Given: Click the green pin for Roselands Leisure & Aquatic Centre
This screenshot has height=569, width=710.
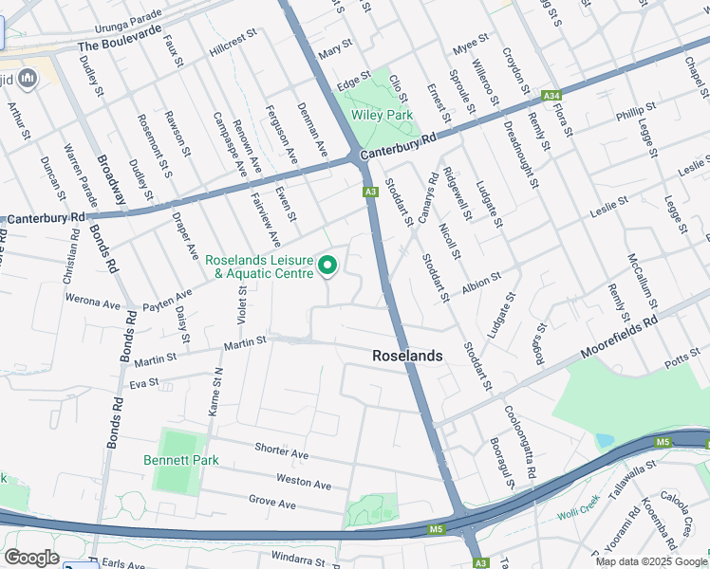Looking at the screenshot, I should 328,266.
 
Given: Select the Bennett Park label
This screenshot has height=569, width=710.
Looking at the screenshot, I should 180,460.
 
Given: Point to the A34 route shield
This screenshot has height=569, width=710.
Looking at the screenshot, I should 551,96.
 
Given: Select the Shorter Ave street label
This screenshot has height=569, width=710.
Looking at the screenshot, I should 282,450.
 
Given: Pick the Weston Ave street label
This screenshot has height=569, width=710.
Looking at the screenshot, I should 304,481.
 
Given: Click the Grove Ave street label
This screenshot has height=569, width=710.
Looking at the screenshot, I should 274,501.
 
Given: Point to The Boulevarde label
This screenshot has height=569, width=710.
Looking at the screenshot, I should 115,45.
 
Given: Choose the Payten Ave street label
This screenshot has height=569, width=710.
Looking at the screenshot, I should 166,301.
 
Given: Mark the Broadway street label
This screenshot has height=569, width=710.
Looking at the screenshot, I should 111,179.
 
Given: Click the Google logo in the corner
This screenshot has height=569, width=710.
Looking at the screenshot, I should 31,558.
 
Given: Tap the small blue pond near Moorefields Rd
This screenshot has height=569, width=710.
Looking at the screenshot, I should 605,441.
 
